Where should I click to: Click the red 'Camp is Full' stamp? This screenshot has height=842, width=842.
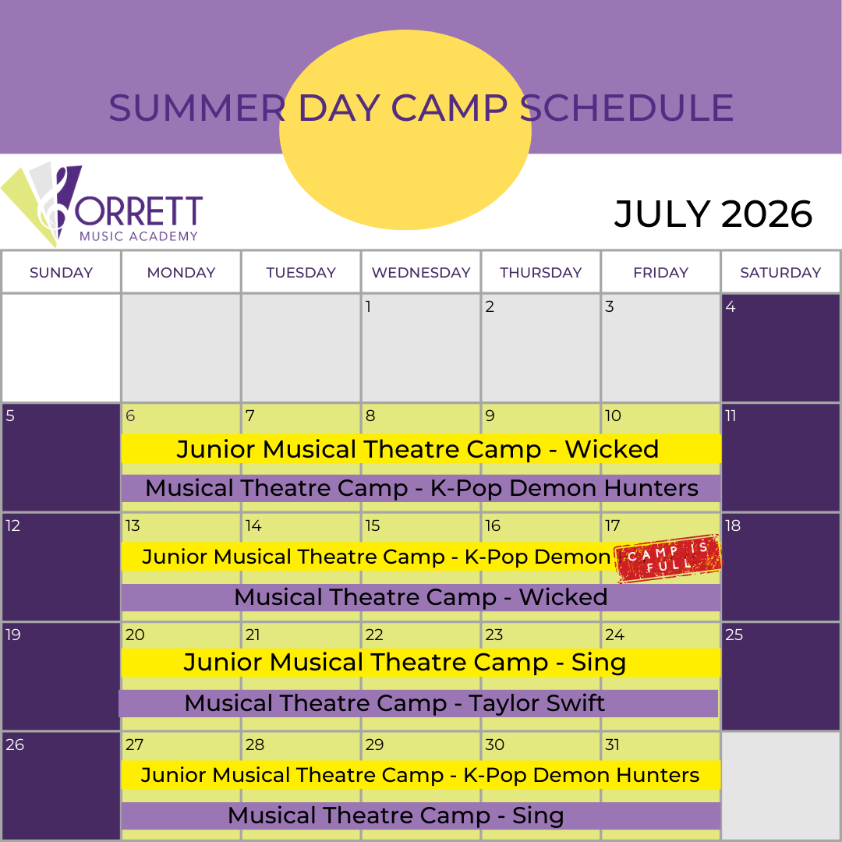click(667, 558)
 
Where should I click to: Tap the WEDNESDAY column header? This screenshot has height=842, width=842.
click(421, 272)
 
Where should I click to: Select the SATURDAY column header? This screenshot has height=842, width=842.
click(780, 272)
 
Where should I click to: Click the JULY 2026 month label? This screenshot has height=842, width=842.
click(713, 214)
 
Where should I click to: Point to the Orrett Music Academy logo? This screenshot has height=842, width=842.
click(102, 204)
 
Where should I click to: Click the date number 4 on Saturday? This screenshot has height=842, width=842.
click(731, 306)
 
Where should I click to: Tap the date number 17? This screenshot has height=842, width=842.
click(613, 525)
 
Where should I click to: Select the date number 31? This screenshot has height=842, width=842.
click(612, 745)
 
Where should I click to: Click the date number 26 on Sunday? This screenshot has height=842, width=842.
click(15, 745)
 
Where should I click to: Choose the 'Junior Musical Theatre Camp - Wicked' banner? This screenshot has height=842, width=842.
click(421, 448)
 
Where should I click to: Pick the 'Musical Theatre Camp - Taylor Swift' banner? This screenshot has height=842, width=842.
click(419, 703)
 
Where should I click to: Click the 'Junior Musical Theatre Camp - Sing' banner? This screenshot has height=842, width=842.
click(421, 662)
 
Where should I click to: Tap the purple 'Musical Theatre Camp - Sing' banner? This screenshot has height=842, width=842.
click(421, 815)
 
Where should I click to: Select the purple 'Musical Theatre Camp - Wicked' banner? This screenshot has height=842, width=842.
click(421, 597)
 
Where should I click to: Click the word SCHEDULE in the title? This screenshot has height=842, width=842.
click(627, 108)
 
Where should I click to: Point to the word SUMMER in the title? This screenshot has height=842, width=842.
click(197, 108)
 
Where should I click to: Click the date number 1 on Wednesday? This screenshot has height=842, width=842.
click(368, 306)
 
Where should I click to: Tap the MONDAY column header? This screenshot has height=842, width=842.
click(181, 272)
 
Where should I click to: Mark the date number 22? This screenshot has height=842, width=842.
click(374, 635)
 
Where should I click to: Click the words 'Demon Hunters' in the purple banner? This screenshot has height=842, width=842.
click(603, 488)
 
